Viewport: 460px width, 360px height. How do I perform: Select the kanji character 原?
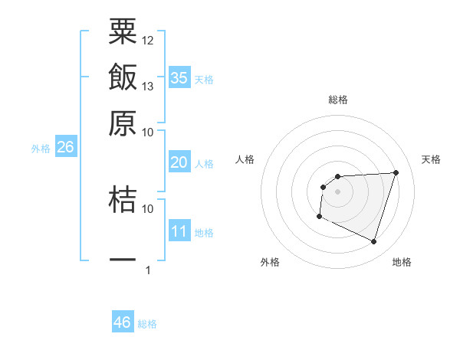click(x=123, y=123)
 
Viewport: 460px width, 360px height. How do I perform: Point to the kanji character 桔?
click(x=123, y=198)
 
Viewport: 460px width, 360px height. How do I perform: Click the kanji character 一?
click(x=123, y=260)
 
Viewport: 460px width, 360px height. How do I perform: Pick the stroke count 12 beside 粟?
click(x=148, y=40)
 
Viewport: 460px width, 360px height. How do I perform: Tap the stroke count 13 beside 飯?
click(x=148, y=86)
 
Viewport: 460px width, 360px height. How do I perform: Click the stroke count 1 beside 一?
click(x=148, y=270)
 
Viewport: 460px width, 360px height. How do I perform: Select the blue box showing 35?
click(x=179, y=77)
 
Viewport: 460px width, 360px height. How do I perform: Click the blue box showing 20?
click(x=179, y=162)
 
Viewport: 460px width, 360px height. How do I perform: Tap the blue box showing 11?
click(x=179, y=231)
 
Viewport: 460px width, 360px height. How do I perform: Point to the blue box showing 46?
click(x=123, y=322)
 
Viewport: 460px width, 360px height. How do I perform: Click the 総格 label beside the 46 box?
click(x=147, y=324)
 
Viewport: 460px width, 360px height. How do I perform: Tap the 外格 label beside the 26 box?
click(x=41, y=149)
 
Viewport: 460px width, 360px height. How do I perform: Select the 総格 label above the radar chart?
click(x=338, y=100)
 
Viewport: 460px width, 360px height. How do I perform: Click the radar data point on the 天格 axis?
click(x=396, y=172)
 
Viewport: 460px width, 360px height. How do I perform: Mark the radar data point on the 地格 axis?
click(x=374, y=242)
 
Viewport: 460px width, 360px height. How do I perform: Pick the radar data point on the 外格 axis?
click(x=319, y=217)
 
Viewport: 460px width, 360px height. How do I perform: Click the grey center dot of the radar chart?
click(x=338, y=191)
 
